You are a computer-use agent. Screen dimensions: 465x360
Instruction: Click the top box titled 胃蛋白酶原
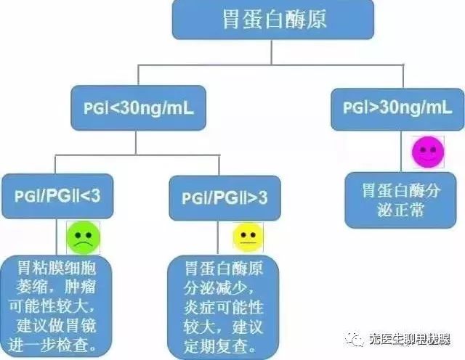click(273, 20)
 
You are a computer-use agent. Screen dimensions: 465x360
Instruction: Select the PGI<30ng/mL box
click(138, 108)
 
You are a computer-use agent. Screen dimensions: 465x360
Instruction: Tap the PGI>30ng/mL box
click(397, 110)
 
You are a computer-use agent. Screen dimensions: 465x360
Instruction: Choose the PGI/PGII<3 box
click(57, 196)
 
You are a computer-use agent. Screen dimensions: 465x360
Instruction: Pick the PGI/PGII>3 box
click(225, 198)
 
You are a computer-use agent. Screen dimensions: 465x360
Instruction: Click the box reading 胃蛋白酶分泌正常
click(400, 200)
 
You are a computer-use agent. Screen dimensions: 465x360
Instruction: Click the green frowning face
click(83, 238)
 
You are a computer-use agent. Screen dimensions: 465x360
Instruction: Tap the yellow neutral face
click(248, 237)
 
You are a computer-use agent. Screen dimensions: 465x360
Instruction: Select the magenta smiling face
click(428, 152)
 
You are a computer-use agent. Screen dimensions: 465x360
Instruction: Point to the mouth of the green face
click(84, 244)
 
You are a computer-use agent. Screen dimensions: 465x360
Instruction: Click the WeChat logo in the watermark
click(355, 339)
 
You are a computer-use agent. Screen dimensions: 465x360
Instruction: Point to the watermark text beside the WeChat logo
click(410, 339)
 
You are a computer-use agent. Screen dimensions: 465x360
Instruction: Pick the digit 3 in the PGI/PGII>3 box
click(263, 198)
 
